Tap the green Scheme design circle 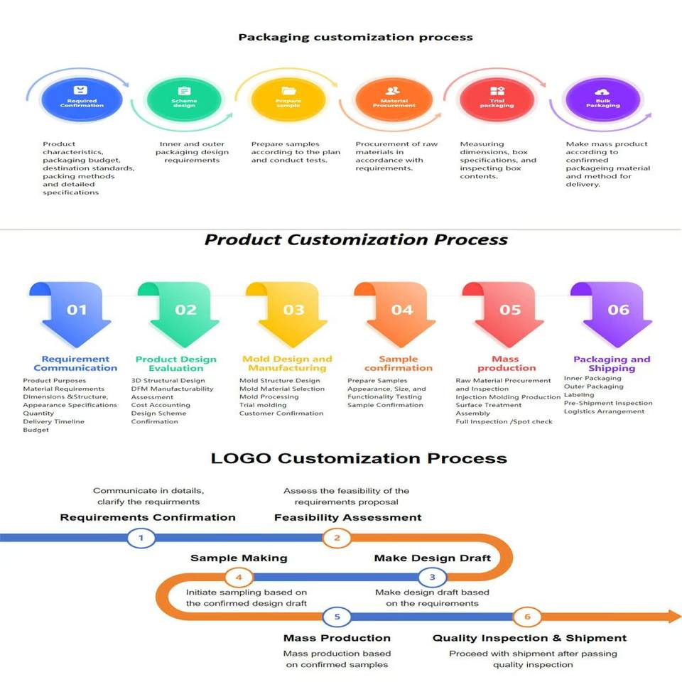[x=184, y=99]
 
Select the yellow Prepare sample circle [x=288, y=99]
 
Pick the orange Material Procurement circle [x=394, y=99]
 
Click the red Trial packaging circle [x=497, y=99]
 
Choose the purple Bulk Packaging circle [x=602, y=99]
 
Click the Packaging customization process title [x=355, y=37]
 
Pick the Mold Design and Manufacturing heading [x=287, y=364]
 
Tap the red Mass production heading [x=506, y=364]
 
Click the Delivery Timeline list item [x=53, y=421]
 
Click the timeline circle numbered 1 [x=141, y=538]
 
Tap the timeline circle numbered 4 [x=239, y=576]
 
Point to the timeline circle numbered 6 [x=527, y=617]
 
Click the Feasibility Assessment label [x=347, y=517]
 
